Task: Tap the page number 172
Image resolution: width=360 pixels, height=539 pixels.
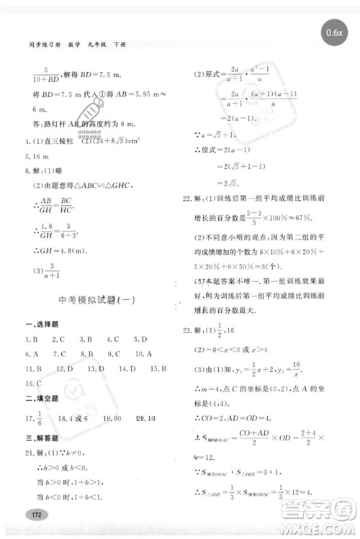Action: coord(33,515)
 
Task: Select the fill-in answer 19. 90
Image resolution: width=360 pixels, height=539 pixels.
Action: coord(112,417)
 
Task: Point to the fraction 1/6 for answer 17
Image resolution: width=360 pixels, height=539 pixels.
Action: coord(41,417)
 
